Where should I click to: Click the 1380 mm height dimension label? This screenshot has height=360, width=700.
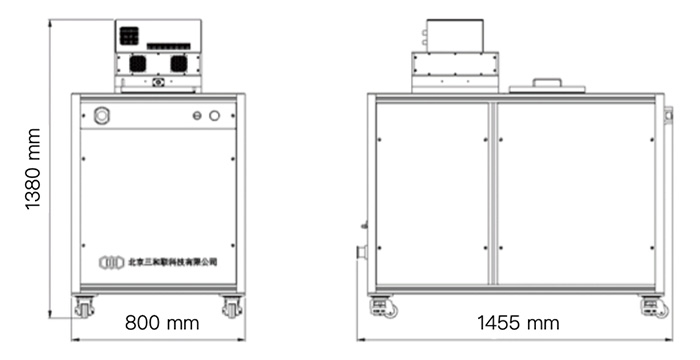[x=33, y=169]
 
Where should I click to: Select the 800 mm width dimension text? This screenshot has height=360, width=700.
[x=162, y=323]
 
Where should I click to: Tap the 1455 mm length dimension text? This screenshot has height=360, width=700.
[x=518, y=323]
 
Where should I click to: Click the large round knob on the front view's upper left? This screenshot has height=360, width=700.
[x=100, y=117]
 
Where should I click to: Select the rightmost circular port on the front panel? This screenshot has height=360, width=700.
[x=214, y=117]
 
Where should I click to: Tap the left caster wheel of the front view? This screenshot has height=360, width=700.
[x=84, y=307]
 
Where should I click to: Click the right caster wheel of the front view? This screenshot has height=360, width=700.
[x=231, y=307]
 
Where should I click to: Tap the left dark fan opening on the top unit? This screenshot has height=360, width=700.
[x=138, y=63]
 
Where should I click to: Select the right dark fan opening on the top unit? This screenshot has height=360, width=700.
[x=179, y=63]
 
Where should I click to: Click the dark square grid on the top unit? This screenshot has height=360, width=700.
[x=129, y=35]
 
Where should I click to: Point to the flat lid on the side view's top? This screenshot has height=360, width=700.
[x=546, y=86]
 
